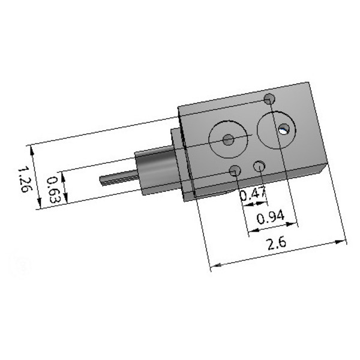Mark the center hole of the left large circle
(x=228, y=140)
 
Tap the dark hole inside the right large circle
(x=283, y=128)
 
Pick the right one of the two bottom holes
(x=260, y=166)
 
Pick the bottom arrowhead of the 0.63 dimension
(x=65, y=199)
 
